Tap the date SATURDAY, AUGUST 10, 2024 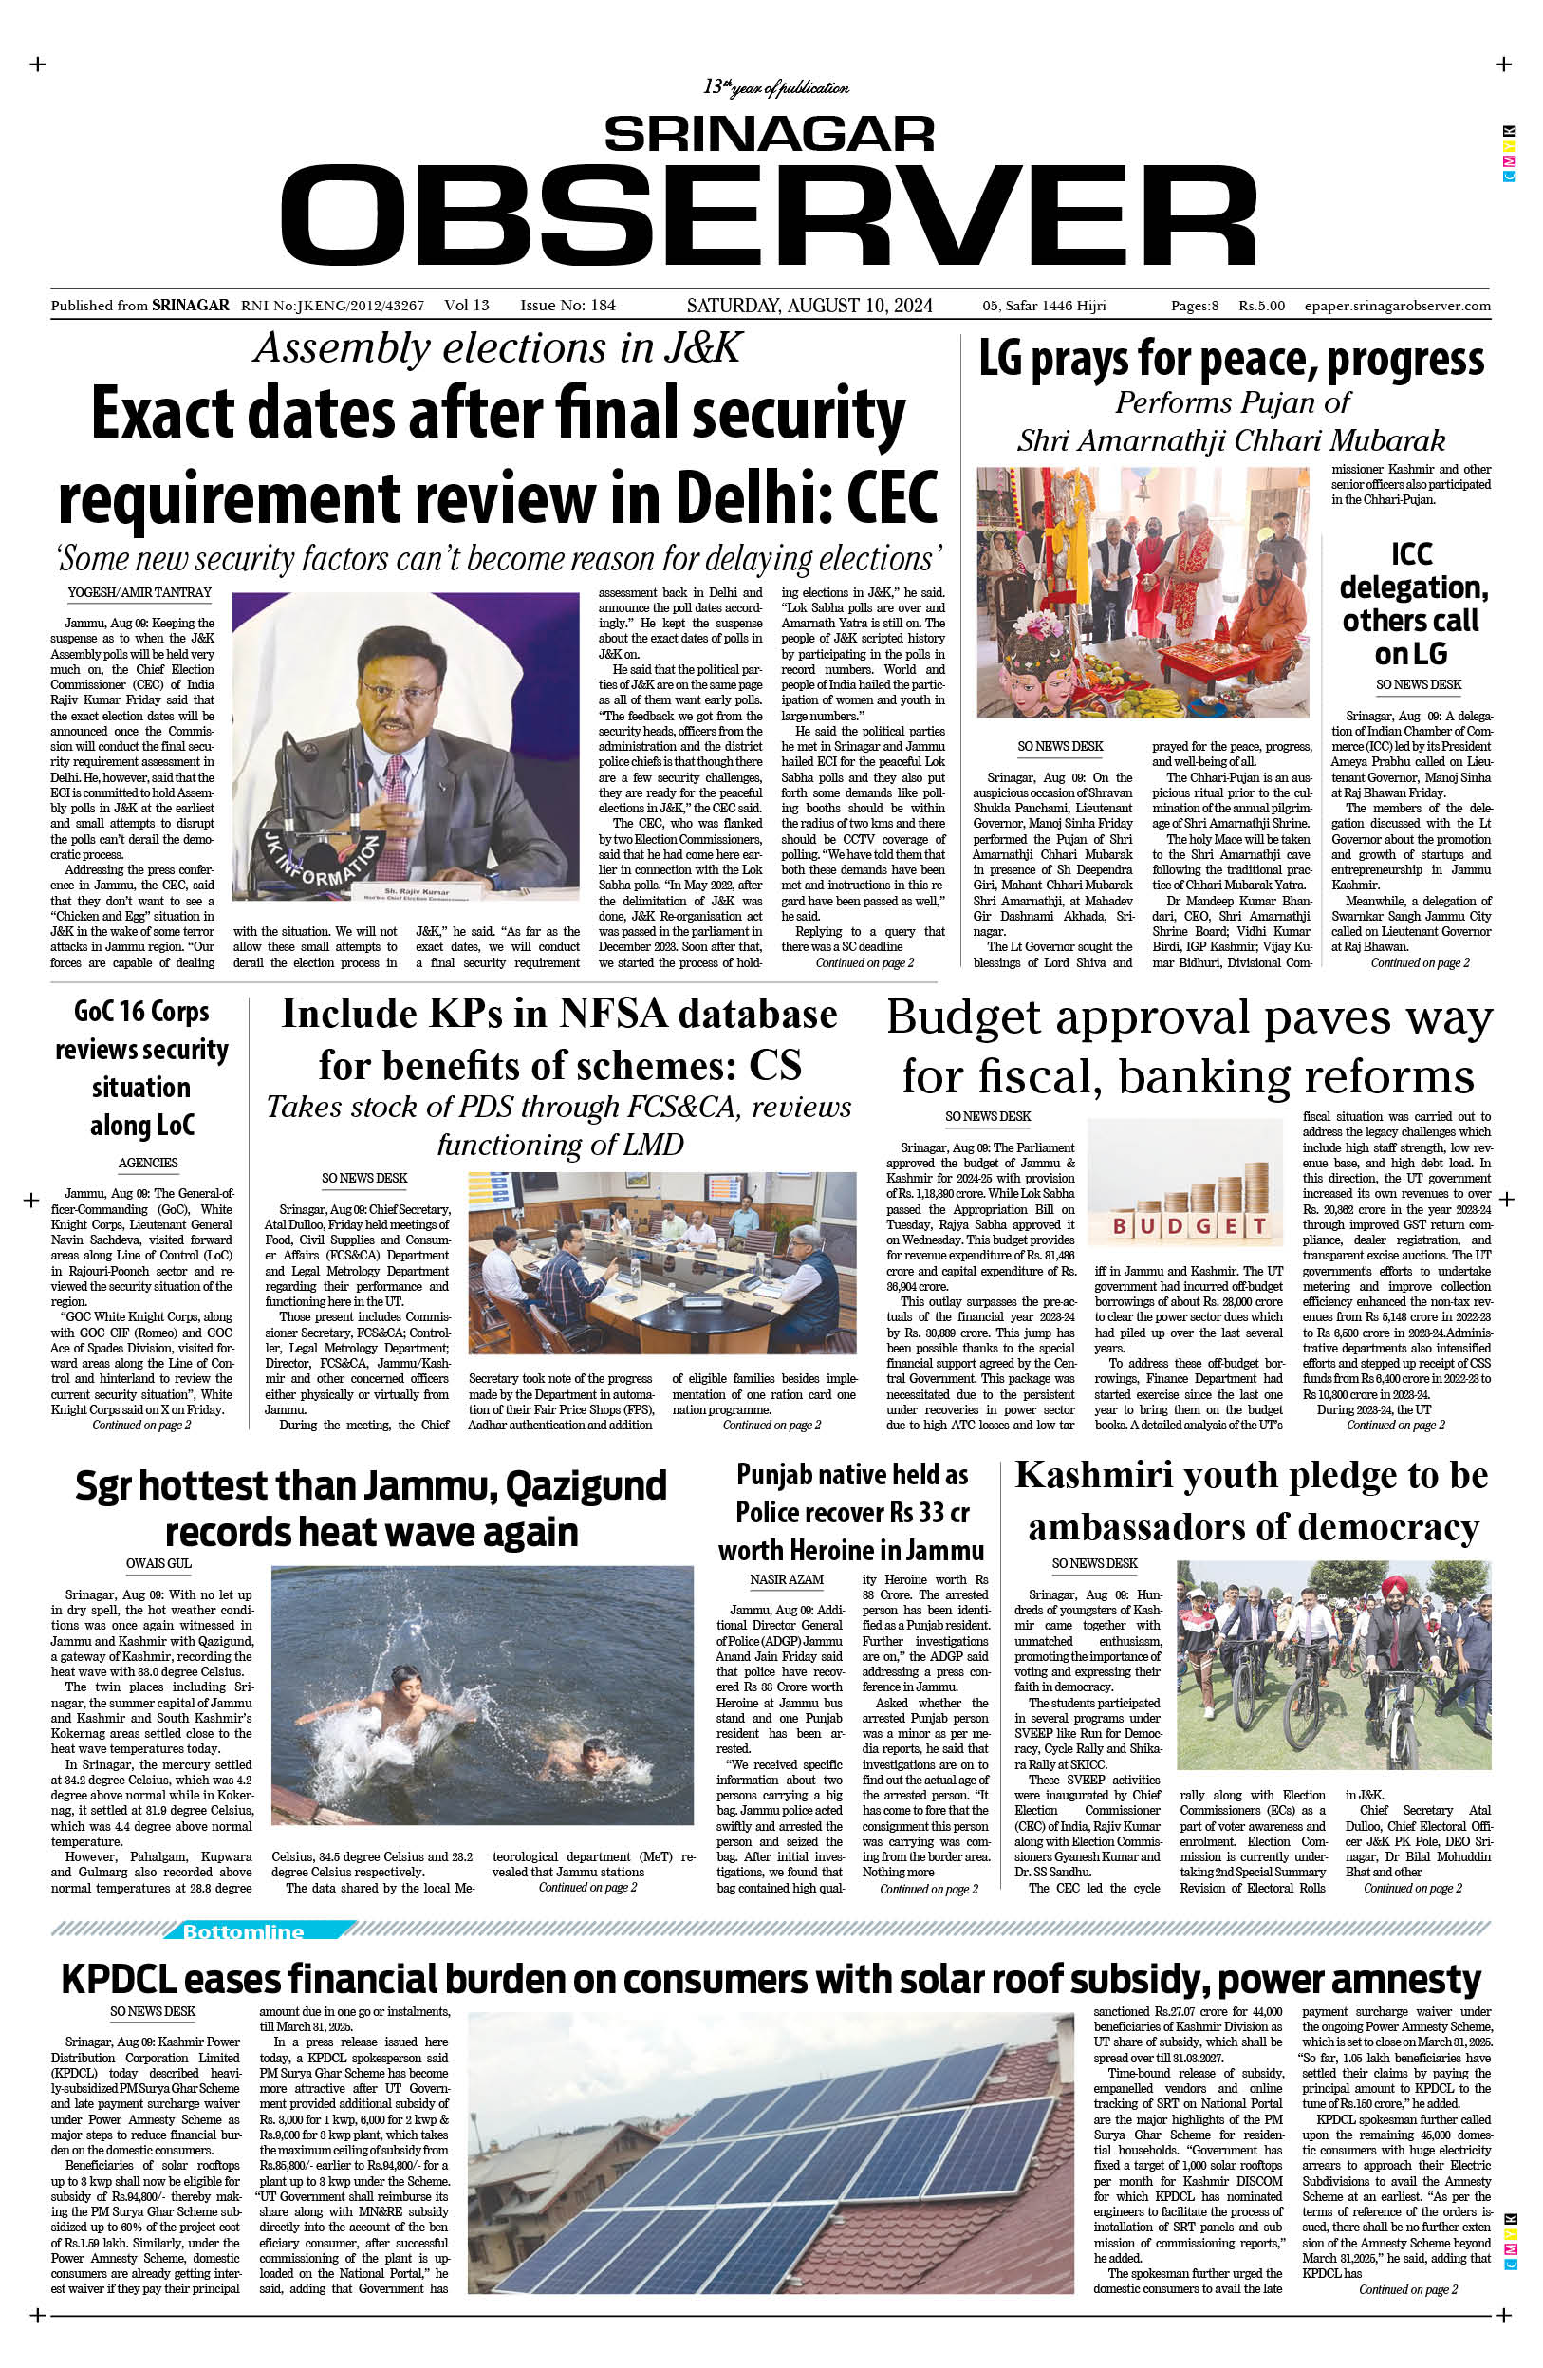(x=809, y=306)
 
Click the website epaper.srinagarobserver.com (x=1396, y=307)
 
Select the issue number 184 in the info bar (x=603, y=306)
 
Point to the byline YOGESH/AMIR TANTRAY (x=139, y=593)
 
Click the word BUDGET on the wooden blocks (x=1189, y=1224)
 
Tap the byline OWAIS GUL (x=158, y=1563)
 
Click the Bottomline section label (x=243, y=1932)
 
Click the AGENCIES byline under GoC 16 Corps (x=148, y=1162)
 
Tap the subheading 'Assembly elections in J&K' (x=497, y=347)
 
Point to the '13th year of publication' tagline (x=776, y=88)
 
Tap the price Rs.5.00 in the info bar (x=1261, y=307)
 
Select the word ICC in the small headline (x=1412, y=553)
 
